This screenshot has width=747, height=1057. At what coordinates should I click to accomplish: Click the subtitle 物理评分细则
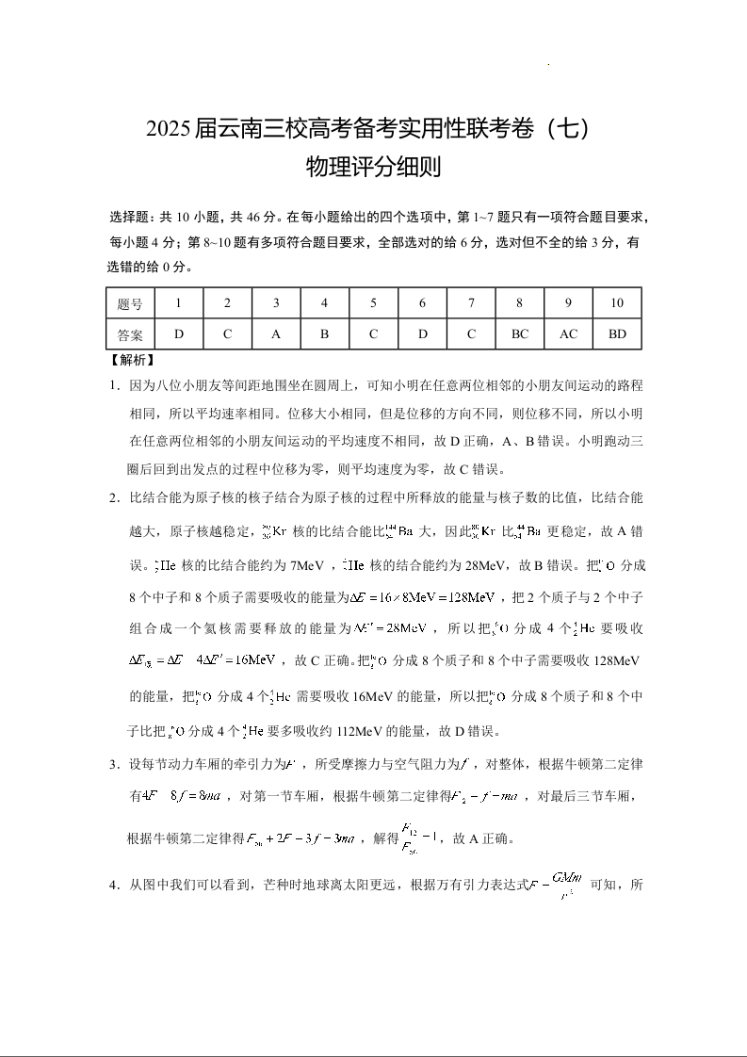coord(374,168)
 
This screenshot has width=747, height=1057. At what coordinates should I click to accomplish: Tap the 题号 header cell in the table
coord(131,303)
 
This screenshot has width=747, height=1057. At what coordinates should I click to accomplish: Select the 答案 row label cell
coord(131,333)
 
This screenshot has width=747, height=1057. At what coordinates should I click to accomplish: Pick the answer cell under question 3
coord(276,333)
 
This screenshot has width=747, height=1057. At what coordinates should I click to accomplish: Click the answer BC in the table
coord(520,333)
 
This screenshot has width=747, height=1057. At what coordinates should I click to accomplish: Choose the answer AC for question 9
coord(569,333)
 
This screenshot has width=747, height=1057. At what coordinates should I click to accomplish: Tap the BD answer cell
coord(617,333)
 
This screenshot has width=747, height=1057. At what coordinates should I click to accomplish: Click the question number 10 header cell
coord(617,303)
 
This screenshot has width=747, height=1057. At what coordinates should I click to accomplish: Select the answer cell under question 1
coord(179,333)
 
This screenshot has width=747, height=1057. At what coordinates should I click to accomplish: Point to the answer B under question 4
coord(324,333)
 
